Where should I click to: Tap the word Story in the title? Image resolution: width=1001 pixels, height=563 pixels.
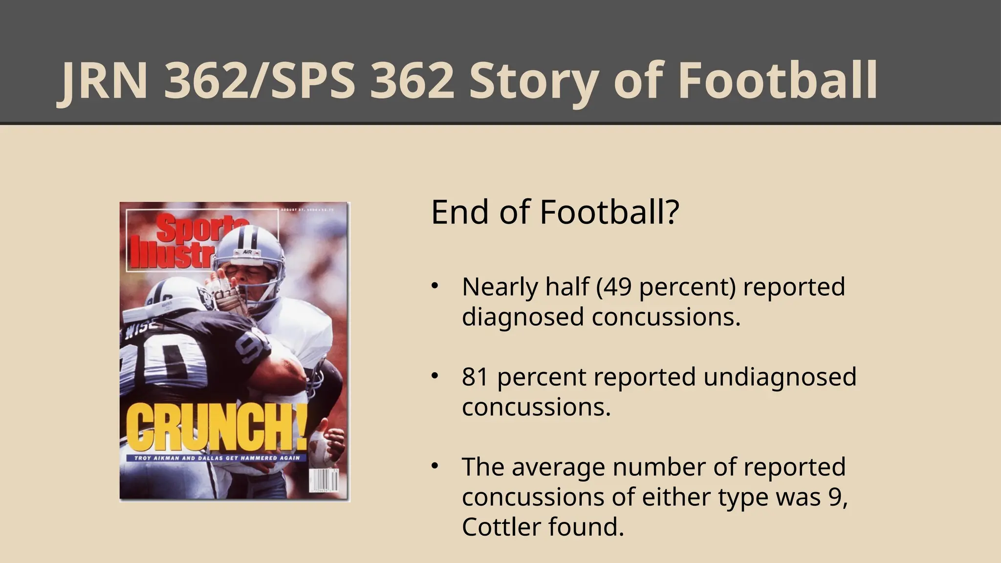[x=533, y=82]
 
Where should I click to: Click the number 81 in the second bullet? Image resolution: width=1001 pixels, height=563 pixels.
[x=476, y=377]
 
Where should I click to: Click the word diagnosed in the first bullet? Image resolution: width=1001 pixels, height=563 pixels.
[x=523, y=317]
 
